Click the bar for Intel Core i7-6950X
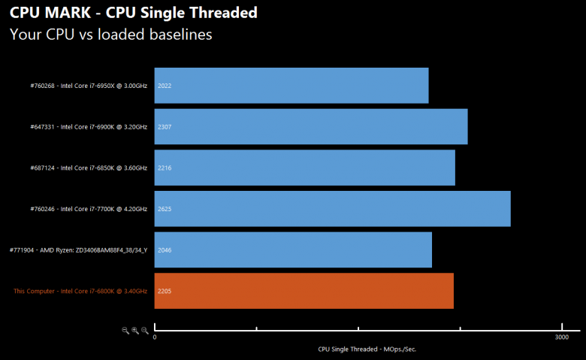click(291, 86)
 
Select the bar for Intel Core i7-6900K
click(311, 126)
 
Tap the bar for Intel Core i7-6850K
click(304, 168)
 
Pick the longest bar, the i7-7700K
click(332, 208)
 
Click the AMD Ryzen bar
click(293, 250)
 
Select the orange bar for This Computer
click(304, 290)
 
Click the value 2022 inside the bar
click(165, 86)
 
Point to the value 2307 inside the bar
click(165, 126)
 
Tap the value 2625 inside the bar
click(165, 208)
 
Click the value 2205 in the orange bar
click(165, 290)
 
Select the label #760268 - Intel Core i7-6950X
click(89, 86)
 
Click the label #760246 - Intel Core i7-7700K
click(89, 208)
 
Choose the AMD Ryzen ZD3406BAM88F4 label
click(79, 250)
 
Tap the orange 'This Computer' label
click(80, 290)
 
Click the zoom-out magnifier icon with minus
click(125, 330)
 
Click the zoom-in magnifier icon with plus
click(135, 330)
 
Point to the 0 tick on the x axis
click(155, 337)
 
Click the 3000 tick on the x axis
click(560, 337)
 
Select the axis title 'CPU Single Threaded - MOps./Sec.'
click(367, 349)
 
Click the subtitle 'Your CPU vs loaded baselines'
click(110, 35)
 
